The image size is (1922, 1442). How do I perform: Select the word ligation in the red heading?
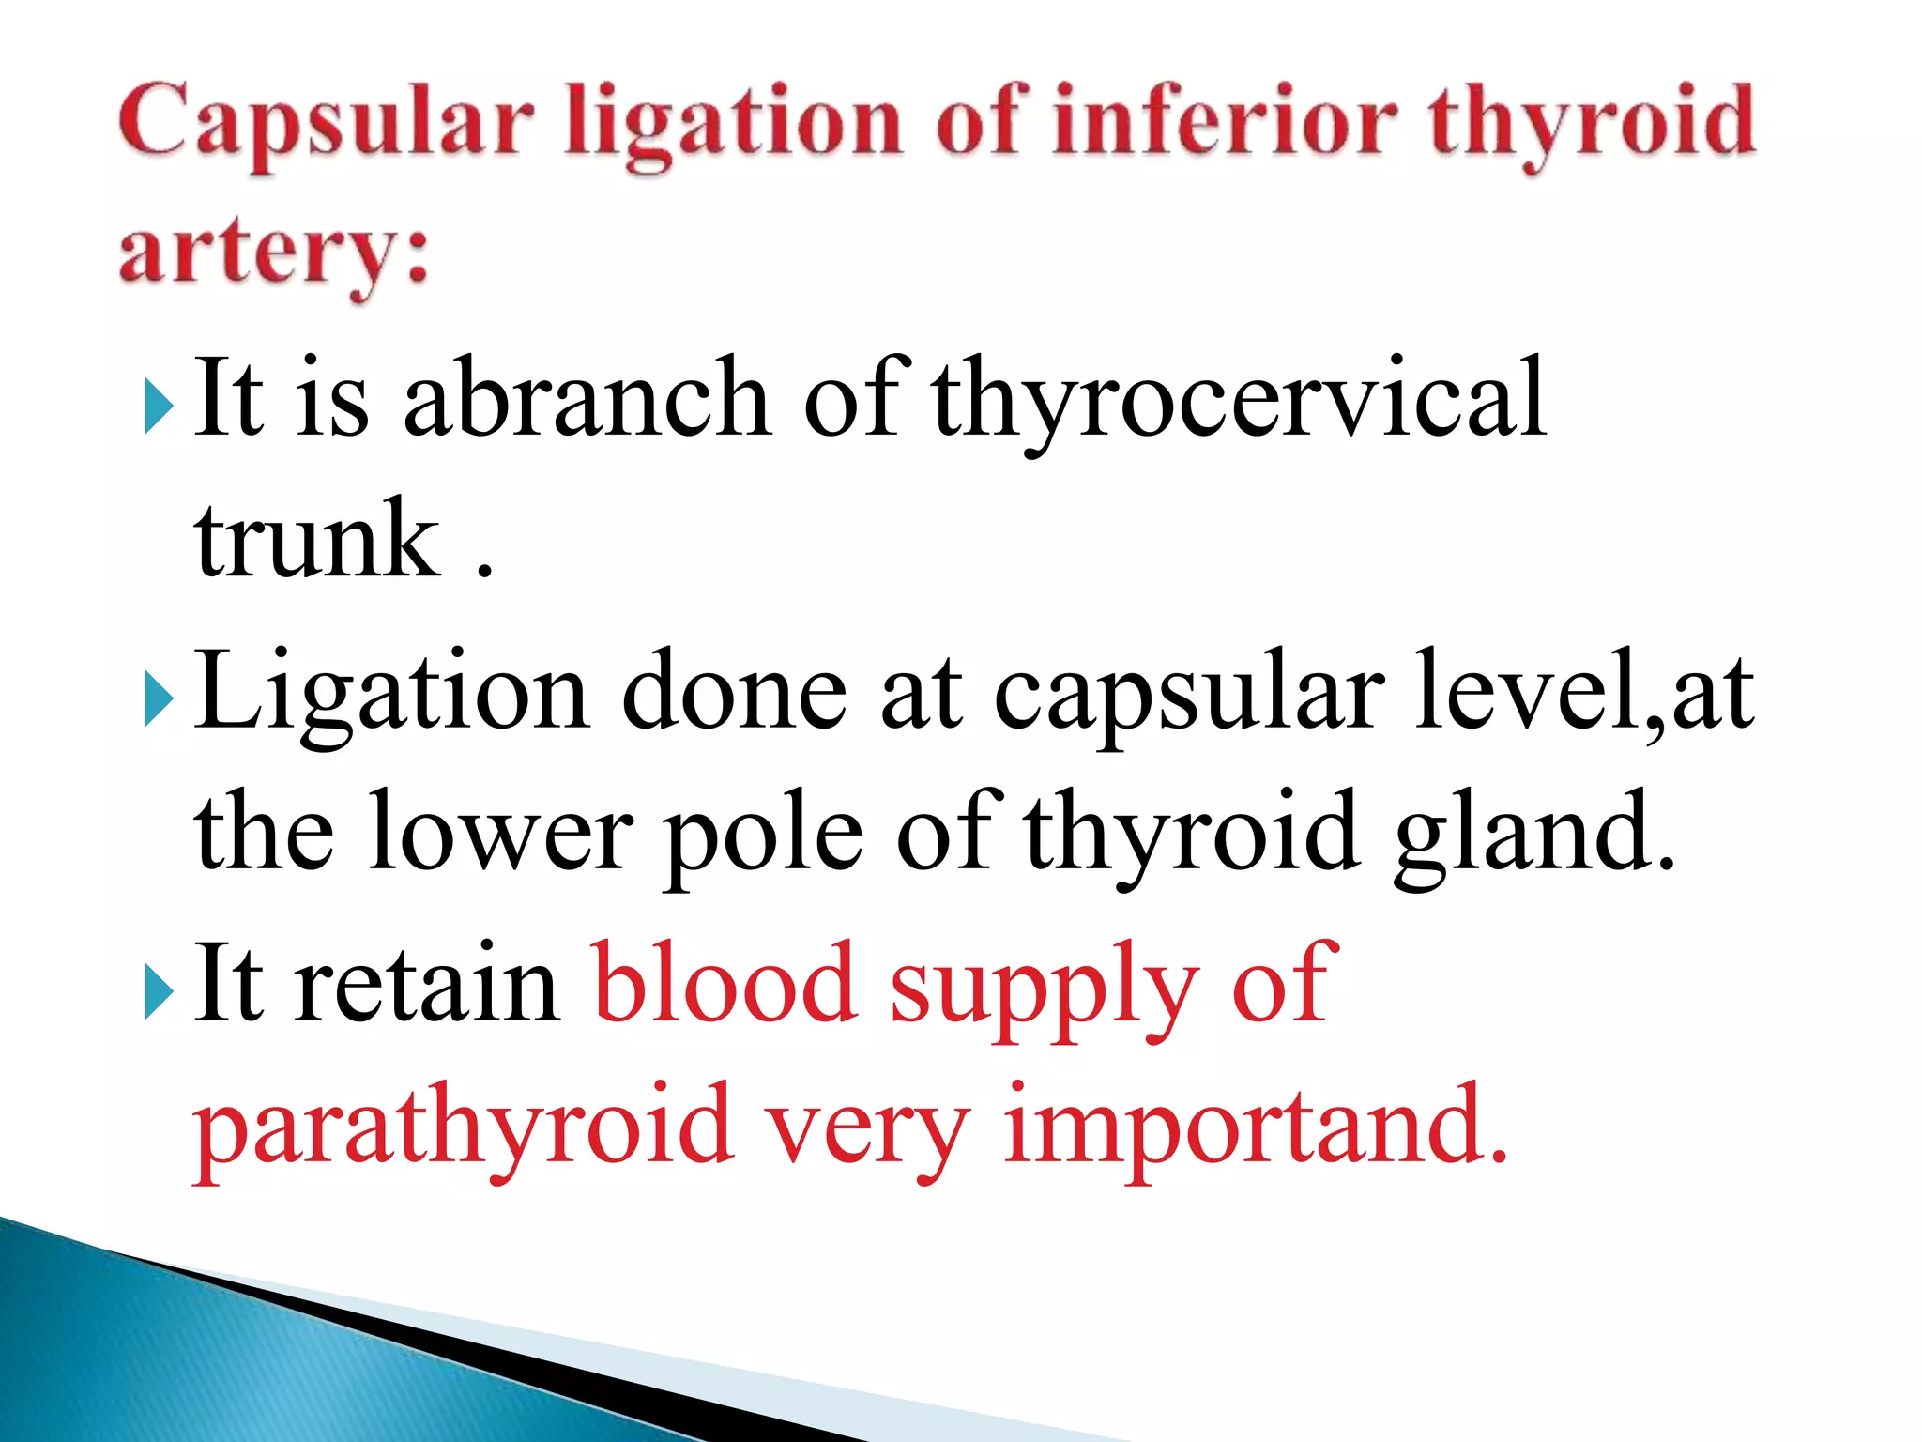tap(733, 127)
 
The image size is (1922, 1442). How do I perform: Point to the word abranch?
tap(587, 398)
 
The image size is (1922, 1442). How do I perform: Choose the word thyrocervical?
tap(1239, 400)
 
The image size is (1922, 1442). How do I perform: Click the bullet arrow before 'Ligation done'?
tap(160, 701)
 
